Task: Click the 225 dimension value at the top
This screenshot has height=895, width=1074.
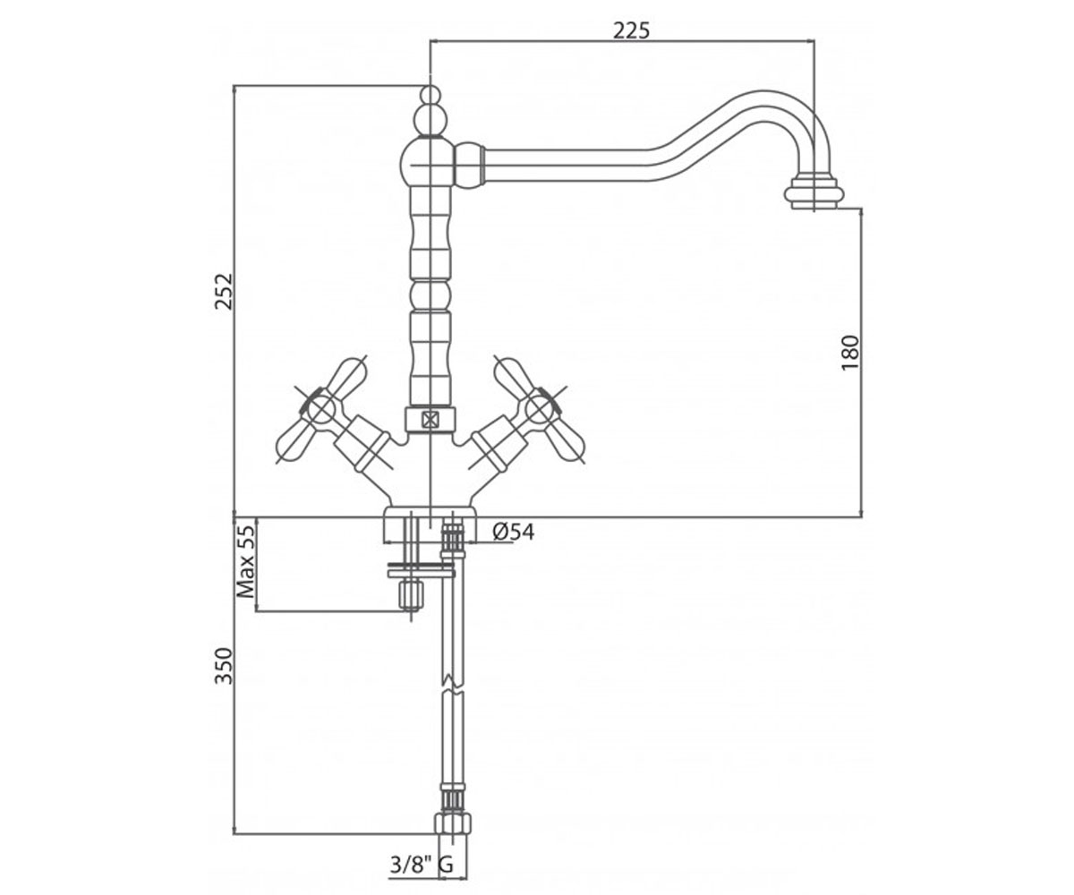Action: point(631,30)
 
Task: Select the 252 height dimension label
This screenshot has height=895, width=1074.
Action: point(224,292)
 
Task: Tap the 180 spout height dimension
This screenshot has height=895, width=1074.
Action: point(850,353)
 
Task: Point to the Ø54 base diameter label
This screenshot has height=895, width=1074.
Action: point(514,532)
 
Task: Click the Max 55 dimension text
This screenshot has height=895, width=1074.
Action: point(246,561)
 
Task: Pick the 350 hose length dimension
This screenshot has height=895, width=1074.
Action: point(224,666)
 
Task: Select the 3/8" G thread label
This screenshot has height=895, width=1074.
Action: point(422,865)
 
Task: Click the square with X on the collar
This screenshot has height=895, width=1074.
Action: point(429,421)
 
